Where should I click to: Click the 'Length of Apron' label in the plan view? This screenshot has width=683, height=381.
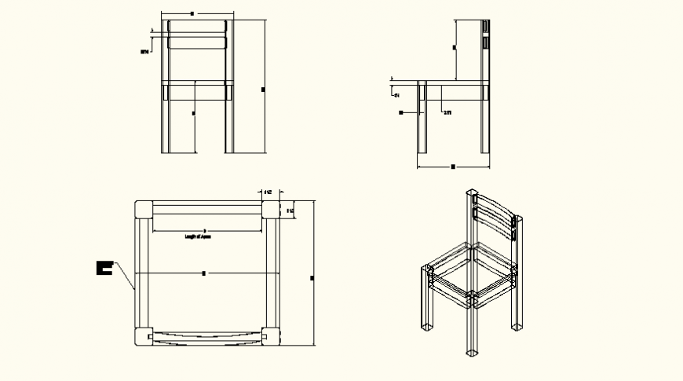197,236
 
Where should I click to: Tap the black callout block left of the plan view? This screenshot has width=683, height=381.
103,268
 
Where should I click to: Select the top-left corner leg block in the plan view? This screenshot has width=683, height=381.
144,209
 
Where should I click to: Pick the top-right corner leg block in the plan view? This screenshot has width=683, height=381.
271,209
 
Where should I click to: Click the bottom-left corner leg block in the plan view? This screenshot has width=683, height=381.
144,335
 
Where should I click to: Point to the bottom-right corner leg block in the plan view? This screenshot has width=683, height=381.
271,335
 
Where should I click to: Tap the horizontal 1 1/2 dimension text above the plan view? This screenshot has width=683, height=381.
268,192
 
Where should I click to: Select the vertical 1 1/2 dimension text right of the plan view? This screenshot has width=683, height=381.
289,210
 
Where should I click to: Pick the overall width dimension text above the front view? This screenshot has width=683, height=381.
193,14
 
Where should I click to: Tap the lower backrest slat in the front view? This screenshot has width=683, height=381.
197,43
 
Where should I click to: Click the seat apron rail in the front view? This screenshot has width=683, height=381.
197,92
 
